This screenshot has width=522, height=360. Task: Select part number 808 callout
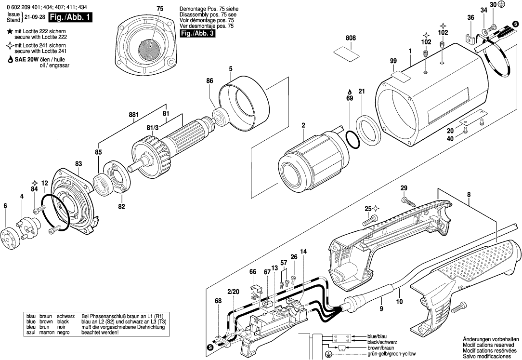(x=350, y=38)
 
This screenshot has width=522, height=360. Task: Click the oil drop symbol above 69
(x=350, y=92)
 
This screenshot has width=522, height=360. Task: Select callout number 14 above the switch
(x=303, y=251)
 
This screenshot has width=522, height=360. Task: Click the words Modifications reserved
(x=487, y=345)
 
